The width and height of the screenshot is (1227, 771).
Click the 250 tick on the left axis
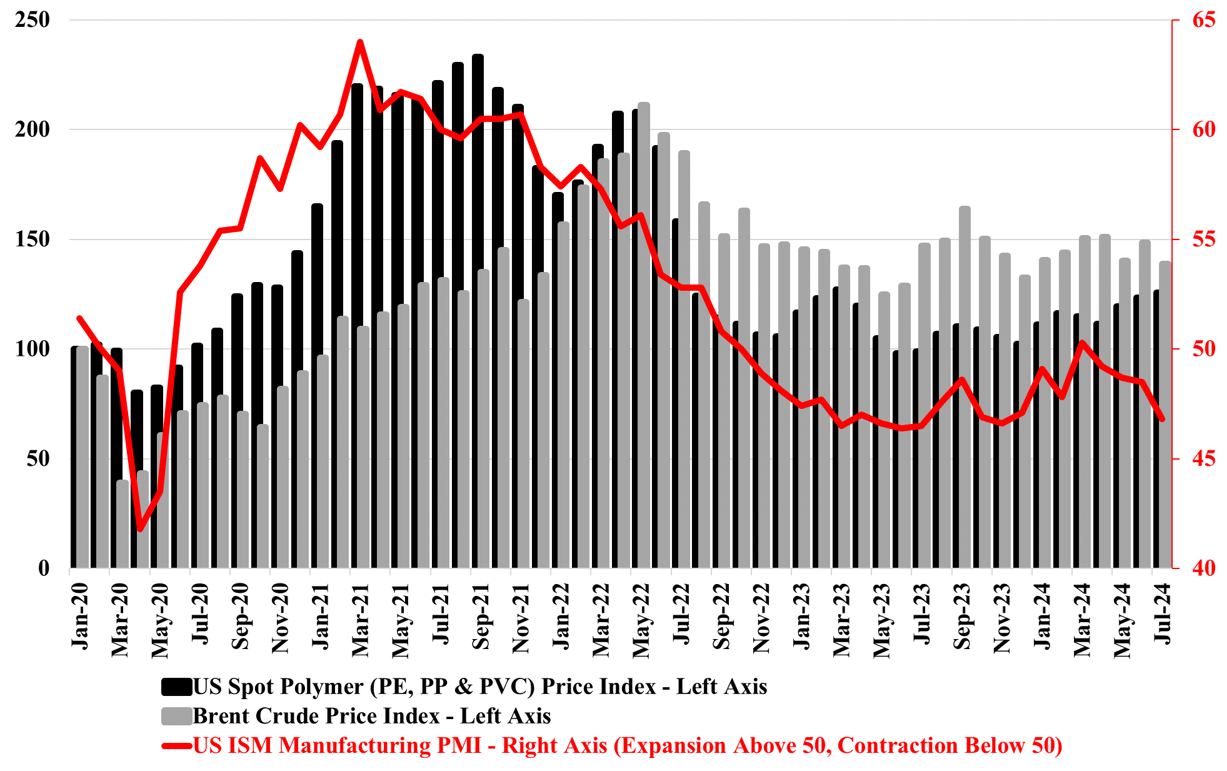point(33,20)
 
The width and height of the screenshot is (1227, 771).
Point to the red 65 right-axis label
point(1204,20)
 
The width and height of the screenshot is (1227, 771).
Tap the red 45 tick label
point(1204,459)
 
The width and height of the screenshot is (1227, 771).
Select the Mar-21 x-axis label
point(361,620)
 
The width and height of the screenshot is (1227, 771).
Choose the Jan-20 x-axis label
point(80,616)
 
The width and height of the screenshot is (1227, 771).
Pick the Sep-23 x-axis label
point(962,616)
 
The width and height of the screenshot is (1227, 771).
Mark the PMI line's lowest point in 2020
point(140,530)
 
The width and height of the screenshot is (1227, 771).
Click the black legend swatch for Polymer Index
point(176,687)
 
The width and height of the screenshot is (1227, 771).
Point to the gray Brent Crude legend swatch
point(176,716)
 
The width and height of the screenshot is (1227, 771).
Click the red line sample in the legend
point(176,746)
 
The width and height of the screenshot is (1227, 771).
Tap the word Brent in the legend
point(222,716)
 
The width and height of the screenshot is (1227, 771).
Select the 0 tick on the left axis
point(44,568)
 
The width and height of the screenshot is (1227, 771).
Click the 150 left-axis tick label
point(33,239)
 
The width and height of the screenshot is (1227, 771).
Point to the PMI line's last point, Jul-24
point(1162,419)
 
